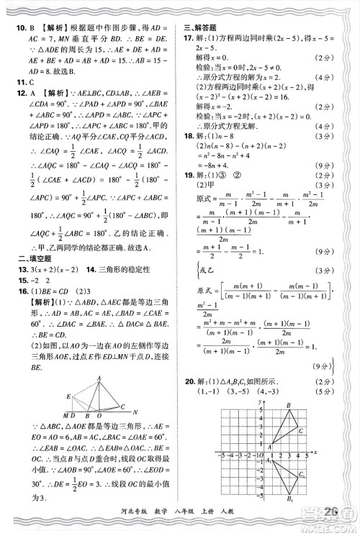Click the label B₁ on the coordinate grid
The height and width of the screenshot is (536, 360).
[x=291, y=500]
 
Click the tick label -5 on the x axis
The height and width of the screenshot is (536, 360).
[x=219, y=455]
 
